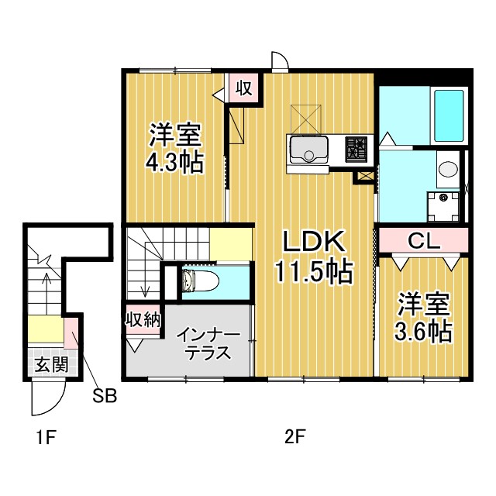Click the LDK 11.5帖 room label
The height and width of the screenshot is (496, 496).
pos(314,257)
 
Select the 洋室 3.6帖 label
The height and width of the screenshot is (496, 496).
pos(423,317)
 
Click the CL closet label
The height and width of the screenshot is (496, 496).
pos(424,241)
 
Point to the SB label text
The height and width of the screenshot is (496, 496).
pos(105,395)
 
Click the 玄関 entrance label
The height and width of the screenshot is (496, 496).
pos(52,365)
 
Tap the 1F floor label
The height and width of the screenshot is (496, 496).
pos(46,438)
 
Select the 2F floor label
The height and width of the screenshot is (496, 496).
pos(294,438)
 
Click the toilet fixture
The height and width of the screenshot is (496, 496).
pos(201,281)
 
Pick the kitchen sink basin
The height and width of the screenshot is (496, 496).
pos(308,150)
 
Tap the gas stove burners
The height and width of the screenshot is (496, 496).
pos(356,150)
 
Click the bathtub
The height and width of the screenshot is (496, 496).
pos(449,115)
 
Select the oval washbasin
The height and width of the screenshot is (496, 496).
pos(448,169)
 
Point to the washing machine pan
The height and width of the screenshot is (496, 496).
pos(443,207)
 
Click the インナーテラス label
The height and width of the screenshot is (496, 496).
pos(208,344)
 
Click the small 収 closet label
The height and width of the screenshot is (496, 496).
pos(245,88)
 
